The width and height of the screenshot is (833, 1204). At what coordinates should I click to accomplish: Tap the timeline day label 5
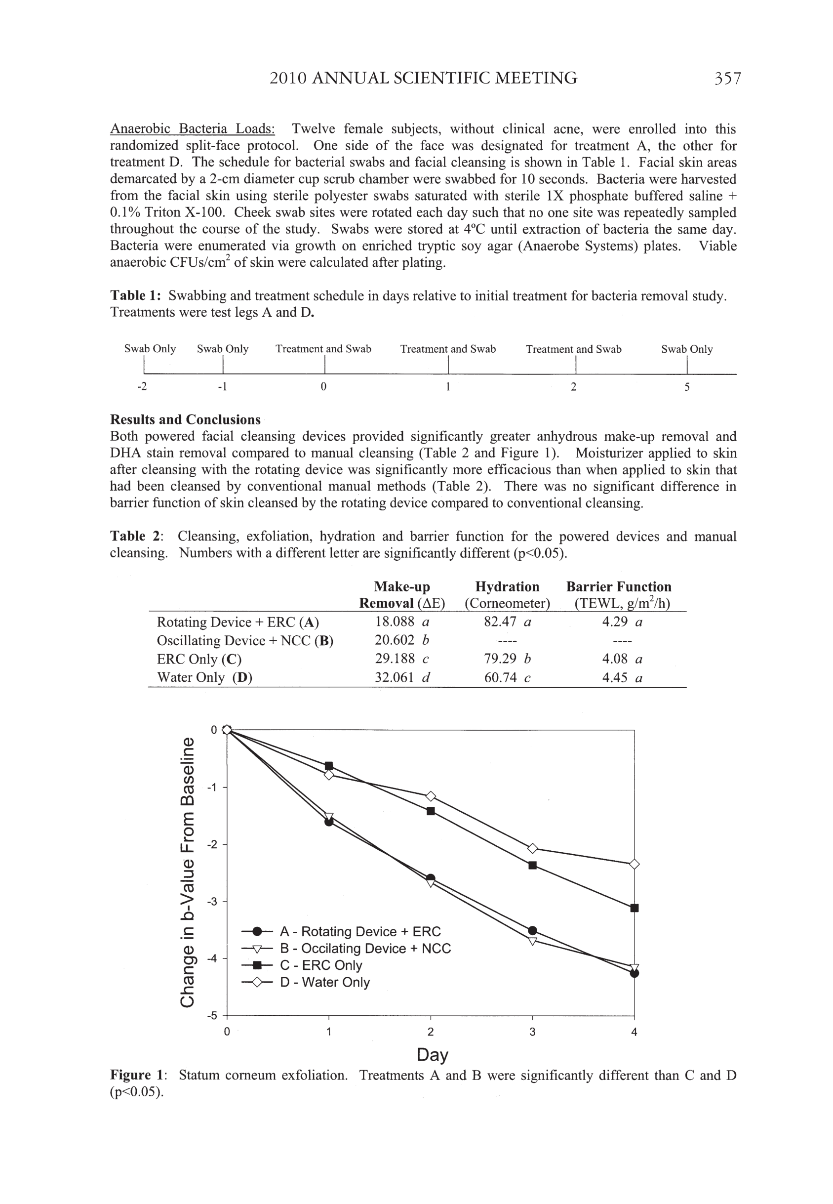[x=687, y=387]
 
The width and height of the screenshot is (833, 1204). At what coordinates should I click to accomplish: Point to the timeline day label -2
[x=142, y=387]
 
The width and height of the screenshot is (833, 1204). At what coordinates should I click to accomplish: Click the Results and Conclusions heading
[x=185, y=420]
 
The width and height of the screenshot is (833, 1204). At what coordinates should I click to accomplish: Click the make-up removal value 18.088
[x=395, y=622]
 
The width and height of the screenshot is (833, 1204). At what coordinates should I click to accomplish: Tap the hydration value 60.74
[x=501, y=678]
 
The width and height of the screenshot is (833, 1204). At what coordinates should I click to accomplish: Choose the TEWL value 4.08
[x=615, y=659]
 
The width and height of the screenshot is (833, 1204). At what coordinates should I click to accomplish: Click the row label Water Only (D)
[x=204, y=678]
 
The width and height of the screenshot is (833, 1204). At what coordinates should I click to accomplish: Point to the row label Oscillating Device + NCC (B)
[x=245, y=641]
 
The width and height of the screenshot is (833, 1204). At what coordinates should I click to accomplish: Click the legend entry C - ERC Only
[x=321, y=965]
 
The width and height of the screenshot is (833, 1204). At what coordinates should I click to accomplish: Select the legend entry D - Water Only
[x=324, y=982]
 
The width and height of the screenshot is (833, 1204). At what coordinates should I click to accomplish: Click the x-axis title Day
[x=432, y=1055]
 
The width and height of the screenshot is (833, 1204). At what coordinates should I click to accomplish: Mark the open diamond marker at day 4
[x=635, y=864]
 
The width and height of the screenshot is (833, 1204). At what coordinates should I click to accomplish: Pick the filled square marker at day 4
[x=635, y=908]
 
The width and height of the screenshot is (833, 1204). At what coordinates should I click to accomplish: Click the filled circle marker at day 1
[x=329, y=822]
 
